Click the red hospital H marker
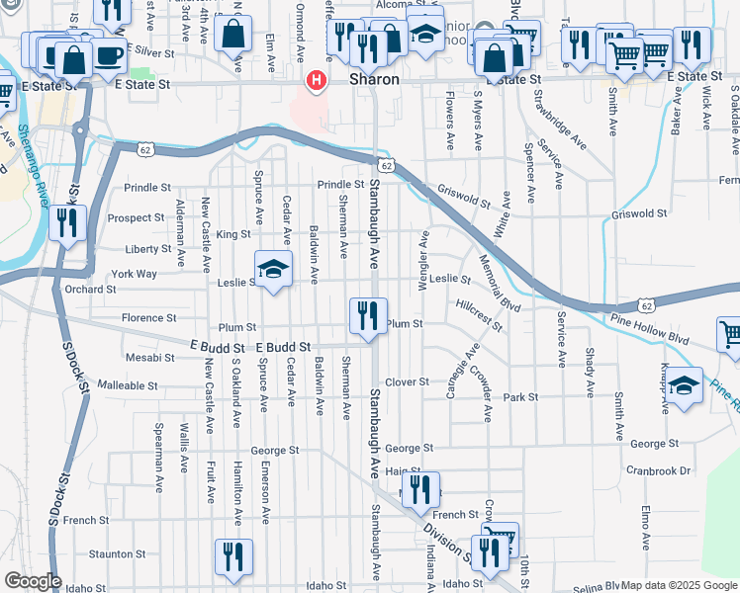[x=317, y=80]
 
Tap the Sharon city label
[x=375, y=78]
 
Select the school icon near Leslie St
[x=274, y=269]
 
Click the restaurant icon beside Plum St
[x=368, y=317]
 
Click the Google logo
[x=33, y=581]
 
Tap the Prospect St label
[x=136, y=217]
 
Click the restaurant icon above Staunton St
[x=234, y=556]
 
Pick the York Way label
[x=135, y=274]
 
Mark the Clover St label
[x=407, y=381]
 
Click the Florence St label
[x=148, y=318]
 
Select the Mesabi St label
[x=149, y=357]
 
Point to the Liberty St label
[x=148, y=249]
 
